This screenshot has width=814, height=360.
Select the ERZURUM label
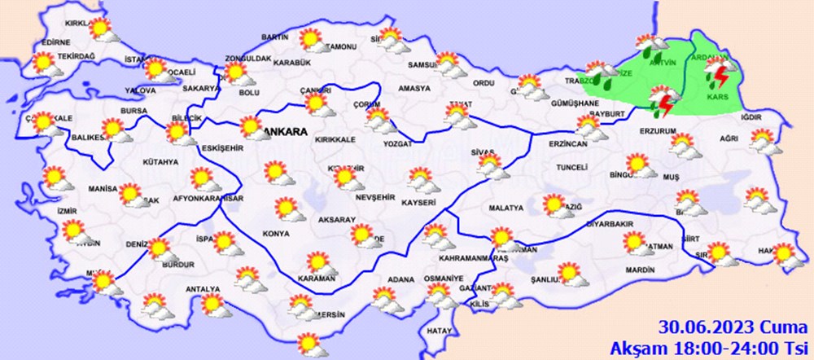[x=659, y=130]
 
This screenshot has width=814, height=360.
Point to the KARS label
[x=717, y=97]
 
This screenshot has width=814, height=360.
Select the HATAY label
[x=438, y=331]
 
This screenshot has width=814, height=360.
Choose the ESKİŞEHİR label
[x=224, y=148]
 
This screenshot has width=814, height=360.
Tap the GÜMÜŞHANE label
[x=575, y=103]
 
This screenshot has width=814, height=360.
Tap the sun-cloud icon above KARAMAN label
[x=317, y=262]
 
